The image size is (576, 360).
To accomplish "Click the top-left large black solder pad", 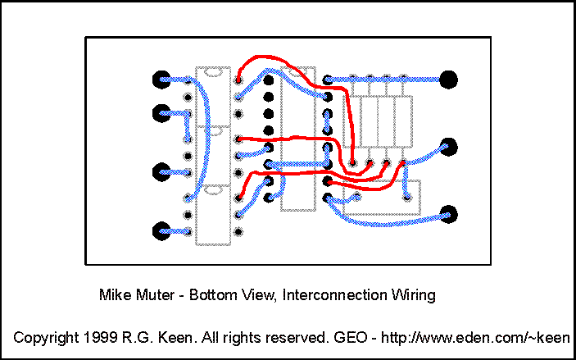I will pos(161,80).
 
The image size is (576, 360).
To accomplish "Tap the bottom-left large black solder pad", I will pos(161,230).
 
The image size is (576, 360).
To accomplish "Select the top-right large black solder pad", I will pos(448,80).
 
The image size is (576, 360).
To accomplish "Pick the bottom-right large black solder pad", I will pos(448,215).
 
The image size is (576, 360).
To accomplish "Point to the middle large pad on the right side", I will pos(448,148).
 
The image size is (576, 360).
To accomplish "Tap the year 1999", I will pos(97,337).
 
